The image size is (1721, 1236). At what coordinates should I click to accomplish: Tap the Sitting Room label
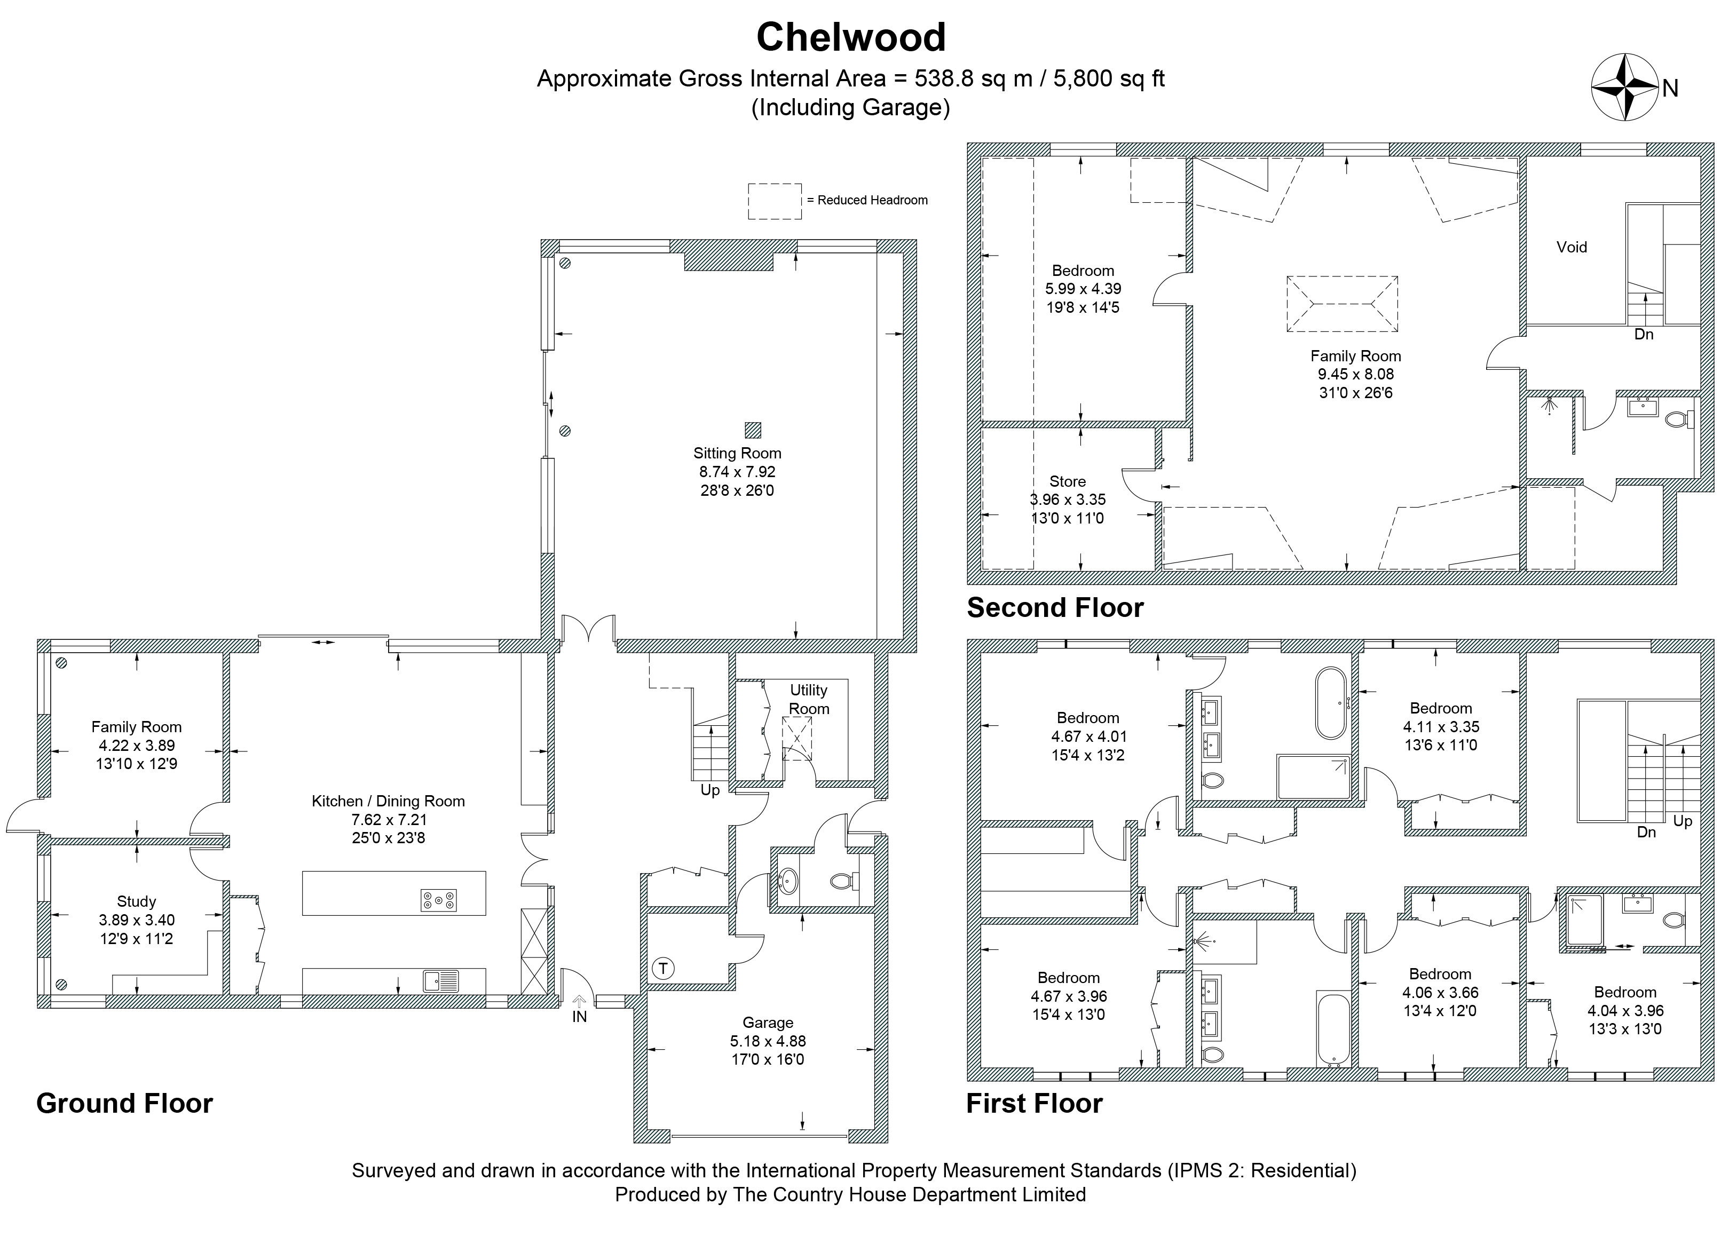(x=737, y=453)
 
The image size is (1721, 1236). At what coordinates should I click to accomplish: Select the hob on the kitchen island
(x=439, y=900)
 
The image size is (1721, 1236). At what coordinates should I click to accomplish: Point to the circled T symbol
(x=662, y=969)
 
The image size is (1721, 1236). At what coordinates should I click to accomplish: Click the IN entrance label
(x=580, y=1017)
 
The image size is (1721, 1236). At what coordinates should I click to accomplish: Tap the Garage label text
(x=768, y=1023)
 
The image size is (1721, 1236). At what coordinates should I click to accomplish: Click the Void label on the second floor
(x=1572, y=247)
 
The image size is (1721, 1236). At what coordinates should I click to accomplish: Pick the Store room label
(x=1068, y=481)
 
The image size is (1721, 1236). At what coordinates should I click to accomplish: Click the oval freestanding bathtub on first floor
(x=1331, y=703)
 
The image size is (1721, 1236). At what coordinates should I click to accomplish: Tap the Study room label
(x=137, y=901)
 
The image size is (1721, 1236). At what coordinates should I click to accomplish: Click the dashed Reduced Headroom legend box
(x=775, y=201)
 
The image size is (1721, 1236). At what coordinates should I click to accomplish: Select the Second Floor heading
(x=1055, y=608)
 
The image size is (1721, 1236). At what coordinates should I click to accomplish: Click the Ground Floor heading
(x=124, y=1103)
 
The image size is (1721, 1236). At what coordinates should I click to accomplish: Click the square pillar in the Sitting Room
(x=752, y=430)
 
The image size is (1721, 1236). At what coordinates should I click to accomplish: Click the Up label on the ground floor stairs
(x=710, y=790)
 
